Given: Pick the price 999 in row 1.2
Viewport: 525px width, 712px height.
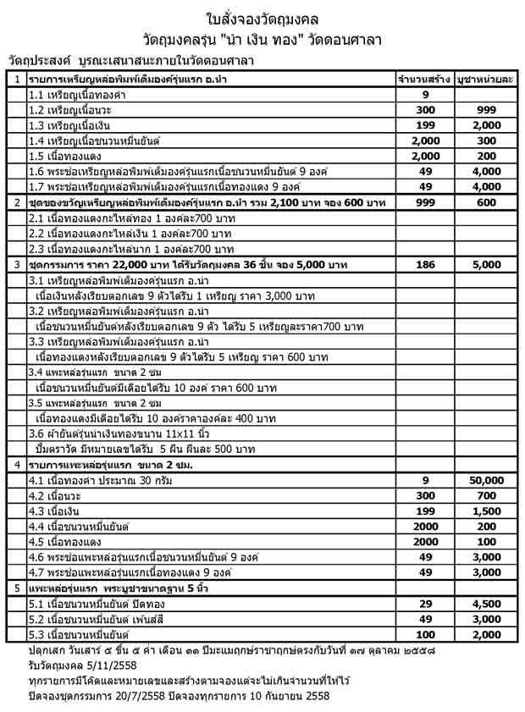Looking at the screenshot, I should tap(486, 110).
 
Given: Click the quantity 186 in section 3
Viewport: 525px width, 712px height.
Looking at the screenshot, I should tap(425, 264).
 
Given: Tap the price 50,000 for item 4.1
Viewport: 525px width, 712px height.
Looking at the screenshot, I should tap(486, 480).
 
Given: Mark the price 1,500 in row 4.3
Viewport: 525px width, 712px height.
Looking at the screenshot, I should tap(486, 511).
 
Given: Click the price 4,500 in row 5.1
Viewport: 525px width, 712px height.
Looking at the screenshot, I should tap(486, 604).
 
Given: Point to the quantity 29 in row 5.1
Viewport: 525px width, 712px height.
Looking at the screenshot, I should tap(425, 604).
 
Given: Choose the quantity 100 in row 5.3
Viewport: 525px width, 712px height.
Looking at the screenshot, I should tap(425, 634).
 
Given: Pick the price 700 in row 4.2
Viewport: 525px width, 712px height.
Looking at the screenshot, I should tap(486, 495).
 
